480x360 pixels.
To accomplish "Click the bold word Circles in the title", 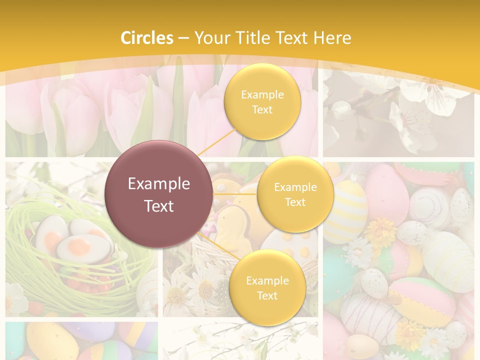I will pos(147,38).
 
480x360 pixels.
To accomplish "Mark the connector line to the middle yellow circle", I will pos(235,193).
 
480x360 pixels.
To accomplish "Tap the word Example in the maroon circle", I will pos(158,184).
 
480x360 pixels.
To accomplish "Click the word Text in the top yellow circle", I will pos(262,110).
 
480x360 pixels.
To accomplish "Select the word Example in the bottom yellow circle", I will pos(267,280).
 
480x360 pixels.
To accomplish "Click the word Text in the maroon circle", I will pos(158,206).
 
